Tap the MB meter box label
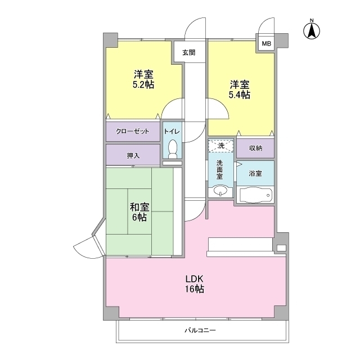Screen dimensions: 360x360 pyautogui.click(x=266, y=43)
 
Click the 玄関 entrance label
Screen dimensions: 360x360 pyautogui.click(x=189, y=52)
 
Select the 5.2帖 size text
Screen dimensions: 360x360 pyautogui.click(x=143, y=85)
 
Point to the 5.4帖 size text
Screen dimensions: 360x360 pyautogui.click(x=240, y=94)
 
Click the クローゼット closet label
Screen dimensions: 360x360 pyautogui.click(x=133, y=131)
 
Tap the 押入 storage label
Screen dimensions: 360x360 pyautogui.click(x=133, y=156)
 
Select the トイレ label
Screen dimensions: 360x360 pyautogui.click(x=172, y=131)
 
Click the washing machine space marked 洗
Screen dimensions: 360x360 pyautogui.click(x=220, y=146)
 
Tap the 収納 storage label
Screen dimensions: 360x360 pyautogui.click(x=255, y=148)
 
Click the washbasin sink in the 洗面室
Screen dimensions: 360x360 pyautogui.click(x=220, y=190)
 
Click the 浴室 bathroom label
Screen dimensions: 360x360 pyautogui.click(x=255, y=173)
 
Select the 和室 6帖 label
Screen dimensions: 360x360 pyautogui.click(x=139, y=212)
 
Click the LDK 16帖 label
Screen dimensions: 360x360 pyautogui.click(x=195, y=283)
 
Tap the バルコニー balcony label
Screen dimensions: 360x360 pyautogui.click(x=200, y=330)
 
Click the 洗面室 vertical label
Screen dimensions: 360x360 pyautogui.click(x=220, y=170)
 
